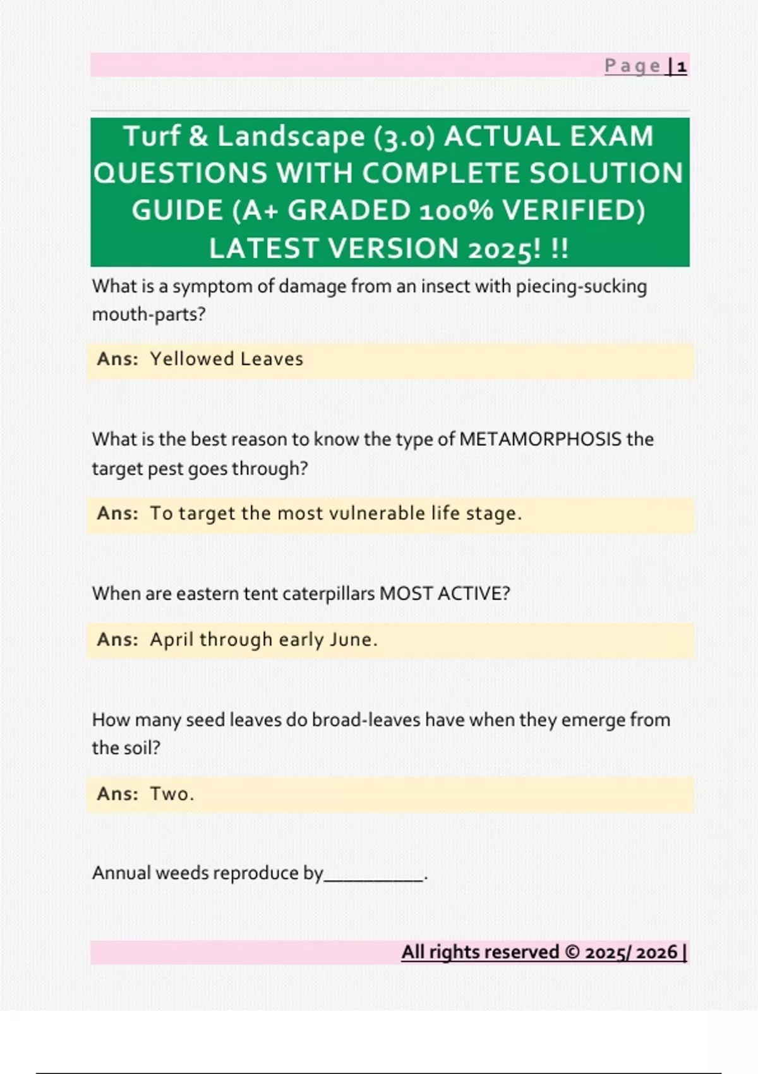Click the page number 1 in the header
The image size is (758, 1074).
(x=682, y=66)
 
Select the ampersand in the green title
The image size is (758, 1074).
(x=198, y=136)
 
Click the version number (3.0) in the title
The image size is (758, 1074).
(x=405, y=137)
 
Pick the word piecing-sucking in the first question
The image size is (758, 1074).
(x=581, y=287)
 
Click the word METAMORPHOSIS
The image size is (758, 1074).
(x=540, y=439)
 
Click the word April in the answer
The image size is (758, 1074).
(x=171, y=639)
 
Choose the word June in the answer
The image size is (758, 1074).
(x=351, y=639)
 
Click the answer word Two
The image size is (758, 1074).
(x=169, y=793)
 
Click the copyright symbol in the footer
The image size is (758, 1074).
(x=572, y=952)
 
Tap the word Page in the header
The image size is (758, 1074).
(x=632, y=66)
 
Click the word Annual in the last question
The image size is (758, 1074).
(x=121, y=873)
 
